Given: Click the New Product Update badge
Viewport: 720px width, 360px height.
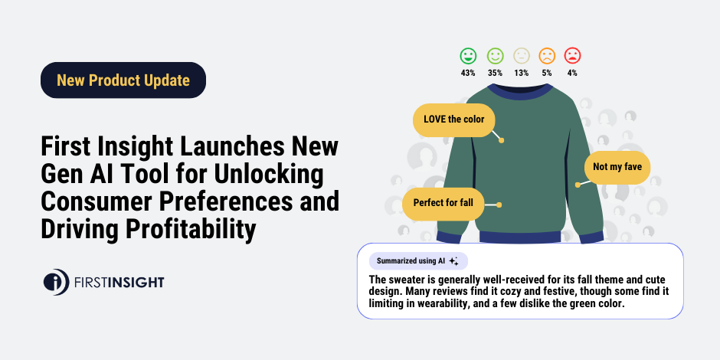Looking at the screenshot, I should point(123,80).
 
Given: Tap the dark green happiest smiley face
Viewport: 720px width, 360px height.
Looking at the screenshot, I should point(468,56).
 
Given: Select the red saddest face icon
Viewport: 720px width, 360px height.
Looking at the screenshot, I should point(572,56).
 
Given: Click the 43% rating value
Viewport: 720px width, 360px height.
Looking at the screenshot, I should point(468,73).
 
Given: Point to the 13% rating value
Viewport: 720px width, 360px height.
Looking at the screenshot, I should point(521,73).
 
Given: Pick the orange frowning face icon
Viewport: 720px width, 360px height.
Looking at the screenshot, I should point(546,56).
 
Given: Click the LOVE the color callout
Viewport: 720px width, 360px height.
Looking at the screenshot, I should point(453,119).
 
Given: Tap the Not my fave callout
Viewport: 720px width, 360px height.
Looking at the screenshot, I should point(617,166).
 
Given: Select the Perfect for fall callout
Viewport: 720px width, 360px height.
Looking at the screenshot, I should point(443,204).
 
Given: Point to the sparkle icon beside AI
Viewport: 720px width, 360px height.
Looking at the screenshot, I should point(453,260).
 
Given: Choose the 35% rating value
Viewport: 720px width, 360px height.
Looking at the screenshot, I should point(495,73).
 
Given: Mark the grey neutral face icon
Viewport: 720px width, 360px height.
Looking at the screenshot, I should point(521,56).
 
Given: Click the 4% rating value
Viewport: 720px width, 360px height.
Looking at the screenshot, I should point(572,73).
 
